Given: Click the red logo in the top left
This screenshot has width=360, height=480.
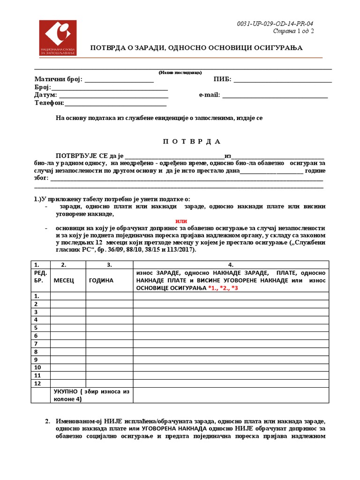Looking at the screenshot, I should tap(57, 38).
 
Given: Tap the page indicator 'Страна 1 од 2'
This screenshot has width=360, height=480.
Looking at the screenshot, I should tap(293, 31).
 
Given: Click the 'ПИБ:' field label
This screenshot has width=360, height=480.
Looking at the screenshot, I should tap(222, 79).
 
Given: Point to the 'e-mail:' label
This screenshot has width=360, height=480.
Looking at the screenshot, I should tap(209, 95).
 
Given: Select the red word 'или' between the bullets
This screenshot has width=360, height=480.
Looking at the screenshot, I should tap(181, 221).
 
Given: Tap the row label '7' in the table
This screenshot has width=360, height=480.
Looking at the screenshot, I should tap(36, 344).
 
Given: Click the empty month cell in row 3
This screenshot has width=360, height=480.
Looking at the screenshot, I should tap(68, 312).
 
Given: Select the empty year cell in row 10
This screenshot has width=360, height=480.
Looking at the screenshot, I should tap(109, 367).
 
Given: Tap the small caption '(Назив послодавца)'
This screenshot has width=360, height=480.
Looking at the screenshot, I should tap(180, 73).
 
